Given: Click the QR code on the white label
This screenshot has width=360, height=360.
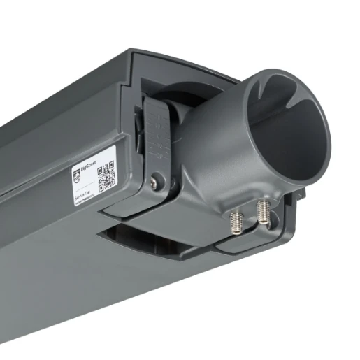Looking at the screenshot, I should pos(106,178).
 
